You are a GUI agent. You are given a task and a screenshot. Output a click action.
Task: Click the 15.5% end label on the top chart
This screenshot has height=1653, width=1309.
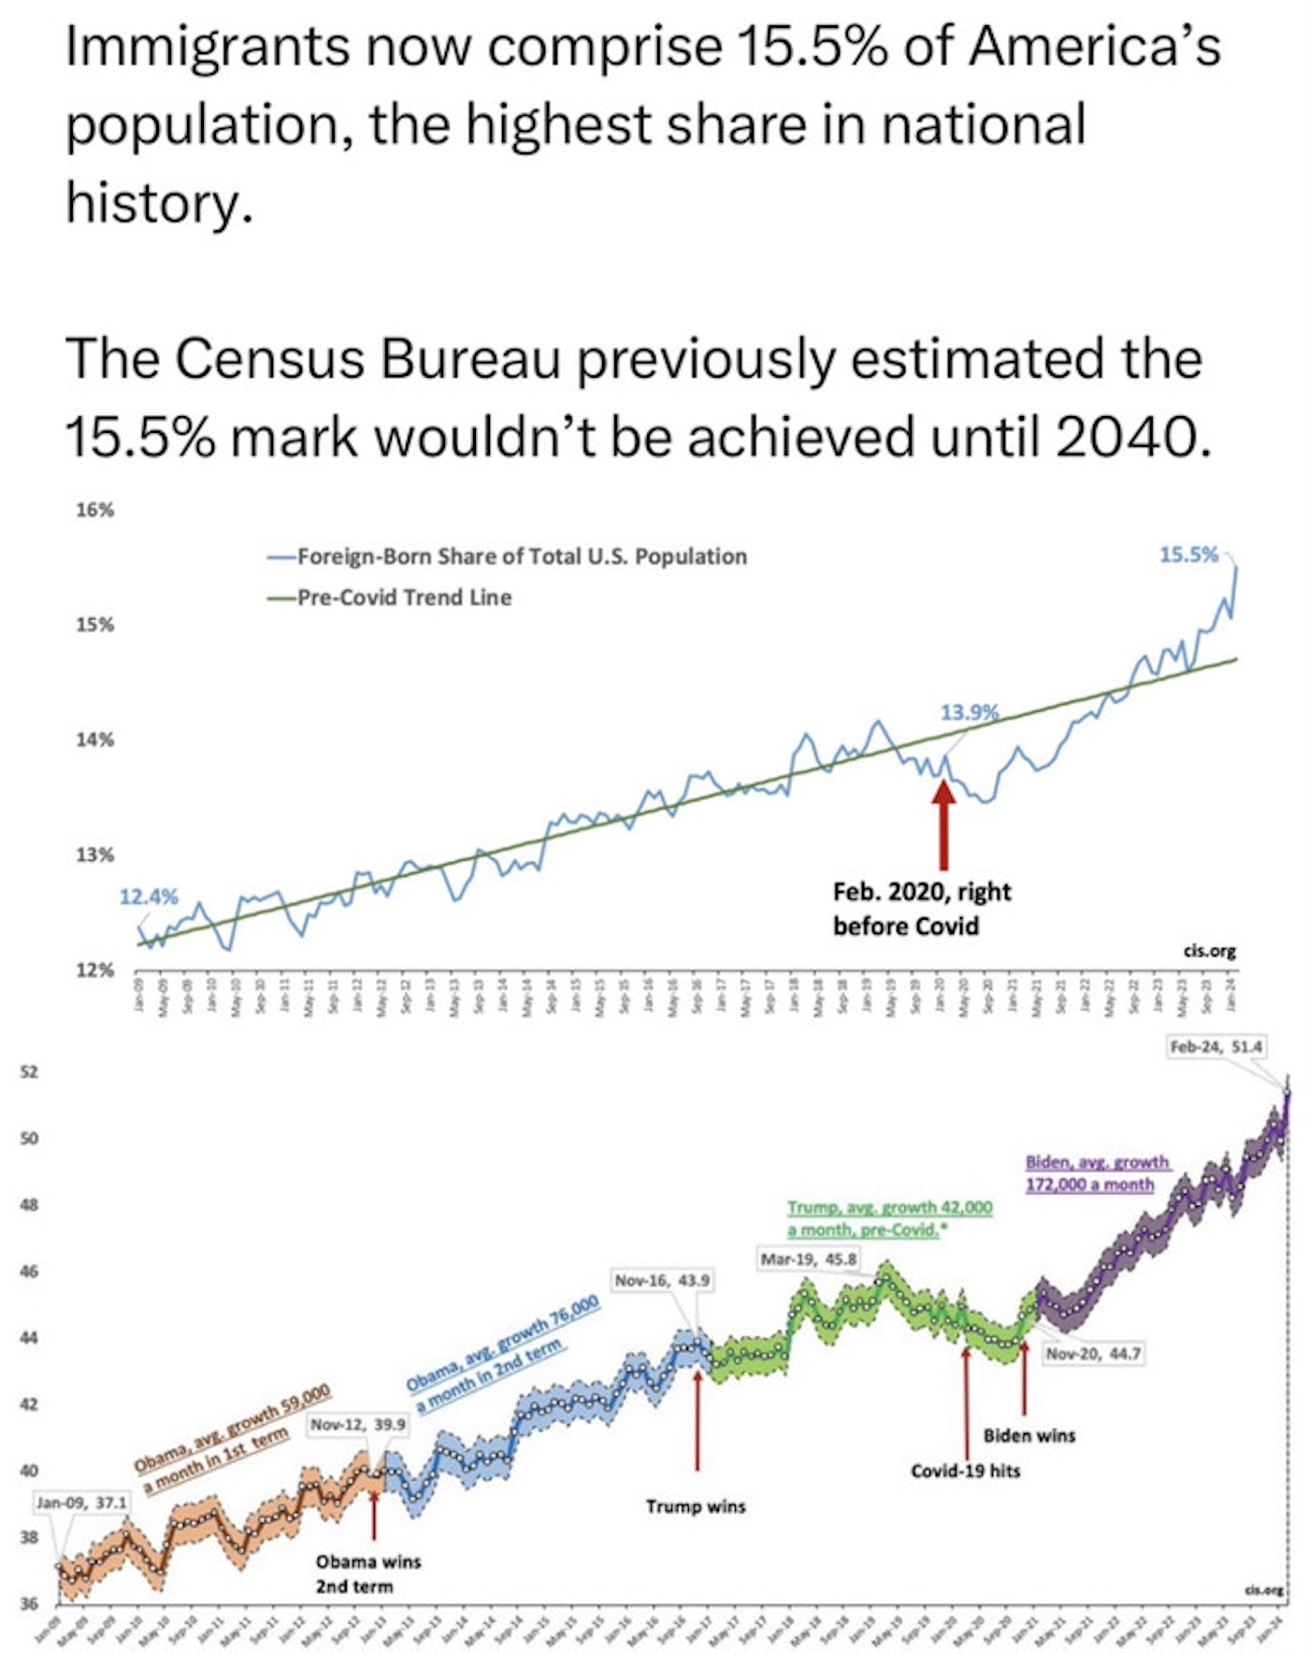tap(1188, 555)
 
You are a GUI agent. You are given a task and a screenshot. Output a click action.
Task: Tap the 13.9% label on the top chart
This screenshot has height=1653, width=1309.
tap(969, 712)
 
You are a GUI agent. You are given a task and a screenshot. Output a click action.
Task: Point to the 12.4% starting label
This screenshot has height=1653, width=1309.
tap(148, 897)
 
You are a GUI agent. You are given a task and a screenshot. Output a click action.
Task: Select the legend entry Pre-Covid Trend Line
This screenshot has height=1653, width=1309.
tap(404, 597)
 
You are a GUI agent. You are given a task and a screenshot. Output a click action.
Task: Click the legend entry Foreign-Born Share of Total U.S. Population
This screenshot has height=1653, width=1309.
tap(522, 556)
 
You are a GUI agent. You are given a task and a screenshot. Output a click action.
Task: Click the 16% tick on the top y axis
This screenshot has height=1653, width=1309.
tap(94, 510)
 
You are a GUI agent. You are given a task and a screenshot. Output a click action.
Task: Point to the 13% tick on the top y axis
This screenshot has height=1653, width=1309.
tap(94, 855)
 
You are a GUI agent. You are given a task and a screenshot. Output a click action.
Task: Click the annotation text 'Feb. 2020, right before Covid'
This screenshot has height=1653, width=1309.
tap(921, 909)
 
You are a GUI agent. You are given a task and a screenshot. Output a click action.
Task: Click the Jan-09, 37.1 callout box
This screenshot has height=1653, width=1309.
tap(82, 1502)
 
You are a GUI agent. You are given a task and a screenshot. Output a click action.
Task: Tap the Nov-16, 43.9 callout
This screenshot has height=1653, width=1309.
tap(662, 1280)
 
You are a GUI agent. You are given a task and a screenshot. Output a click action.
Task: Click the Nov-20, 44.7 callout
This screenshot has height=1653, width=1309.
tap(1093, 1353)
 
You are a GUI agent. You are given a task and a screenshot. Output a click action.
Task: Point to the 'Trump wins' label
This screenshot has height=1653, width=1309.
tap(696, 1506)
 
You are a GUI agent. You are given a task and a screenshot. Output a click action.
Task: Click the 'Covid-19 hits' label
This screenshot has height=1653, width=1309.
tap(966, 1471)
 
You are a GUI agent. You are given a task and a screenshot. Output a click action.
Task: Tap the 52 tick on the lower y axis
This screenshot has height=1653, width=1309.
tap(29, 1071)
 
